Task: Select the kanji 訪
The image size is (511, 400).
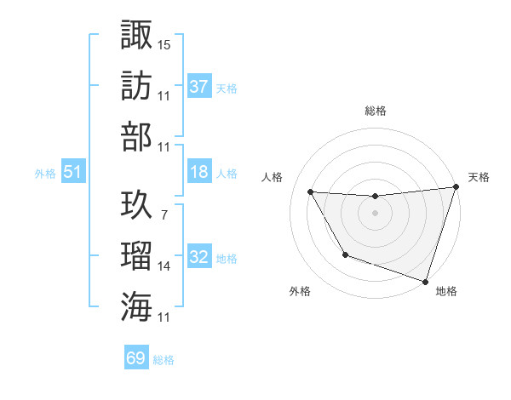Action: (136, 86)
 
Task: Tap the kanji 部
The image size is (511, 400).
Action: (136, 137)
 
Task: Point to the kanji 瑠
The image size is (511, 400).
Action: (136, 256)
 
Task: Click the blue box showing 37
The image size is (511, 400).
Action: (198, 87)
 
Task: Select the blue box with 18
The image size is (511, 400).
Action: (198, 172)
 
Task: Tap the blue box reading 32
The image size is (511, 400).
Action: (198, 257)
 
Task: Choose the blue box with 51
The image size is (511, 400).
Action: (72, 172)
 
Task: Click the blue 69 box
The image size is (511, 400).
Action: (136, 357)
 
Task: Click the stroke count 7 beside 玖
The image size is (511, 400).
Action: (164, 215)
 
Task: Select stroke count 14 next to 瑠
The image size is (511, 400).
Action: (164, 266)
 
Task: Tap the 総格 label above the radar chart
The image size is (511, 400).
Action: (375, 111)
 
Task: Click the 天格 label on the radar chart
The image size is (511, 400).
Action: (479, 177)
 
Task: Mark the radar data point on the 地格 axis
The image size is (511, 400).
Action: (425, 281)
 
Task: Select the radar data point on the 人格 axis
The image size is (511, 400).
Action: (310, 192)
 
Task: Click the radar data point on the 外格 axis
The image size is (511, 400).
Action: (345, 254)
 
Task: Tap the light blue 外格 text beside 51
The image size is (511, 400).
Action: (44, 173)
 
